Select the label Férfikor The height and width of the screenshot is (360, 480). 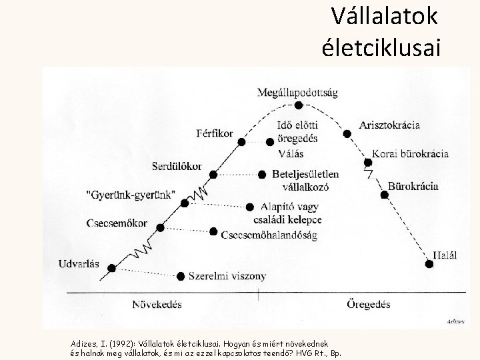pos(215,133)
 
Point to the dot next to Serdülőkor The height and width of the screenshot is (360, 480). pos(213,175)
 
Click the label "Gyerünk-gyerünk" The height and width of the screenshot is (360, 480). pos(131,195)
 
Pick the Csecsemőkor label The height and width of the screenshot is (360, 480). pos(117,223)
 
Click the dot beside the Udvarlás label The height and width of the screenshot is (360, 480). pos(111,268)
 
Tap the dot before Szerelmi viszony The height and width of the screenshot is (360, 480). pos(181,275)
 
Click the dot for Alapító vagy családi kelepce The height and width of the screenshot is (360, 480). pos(250,207)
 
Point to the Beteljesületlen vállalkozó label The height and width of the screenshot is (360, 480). pos(305,180)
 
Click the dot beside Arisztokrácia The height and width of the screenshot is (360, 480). pos(347,134)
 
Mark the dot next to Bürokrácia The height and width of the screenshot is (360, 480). pos(384,195)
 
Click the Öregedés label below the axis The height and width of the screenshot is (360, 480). pos(368,305)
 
